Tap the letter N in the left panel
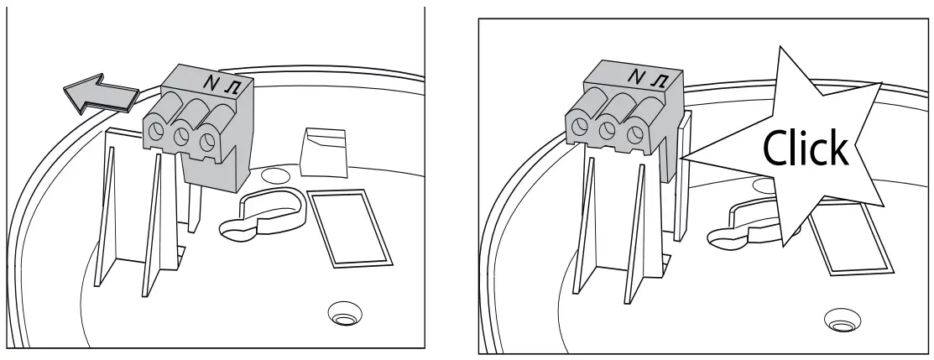pyautogui.click(x=211, y=82)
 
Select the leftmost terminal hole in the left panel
pyautogui.click(x=155, y=130)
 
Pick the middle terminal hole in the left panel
pyautogui.click(x=180, y=136)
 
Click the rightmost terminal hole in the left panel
pyautogui.click(x=206, y=143)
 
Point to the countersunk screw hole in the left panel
pyautogui.click(x=342, y=316)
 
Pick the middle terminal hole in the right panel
pyautogui.click(x=607, y=131)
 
